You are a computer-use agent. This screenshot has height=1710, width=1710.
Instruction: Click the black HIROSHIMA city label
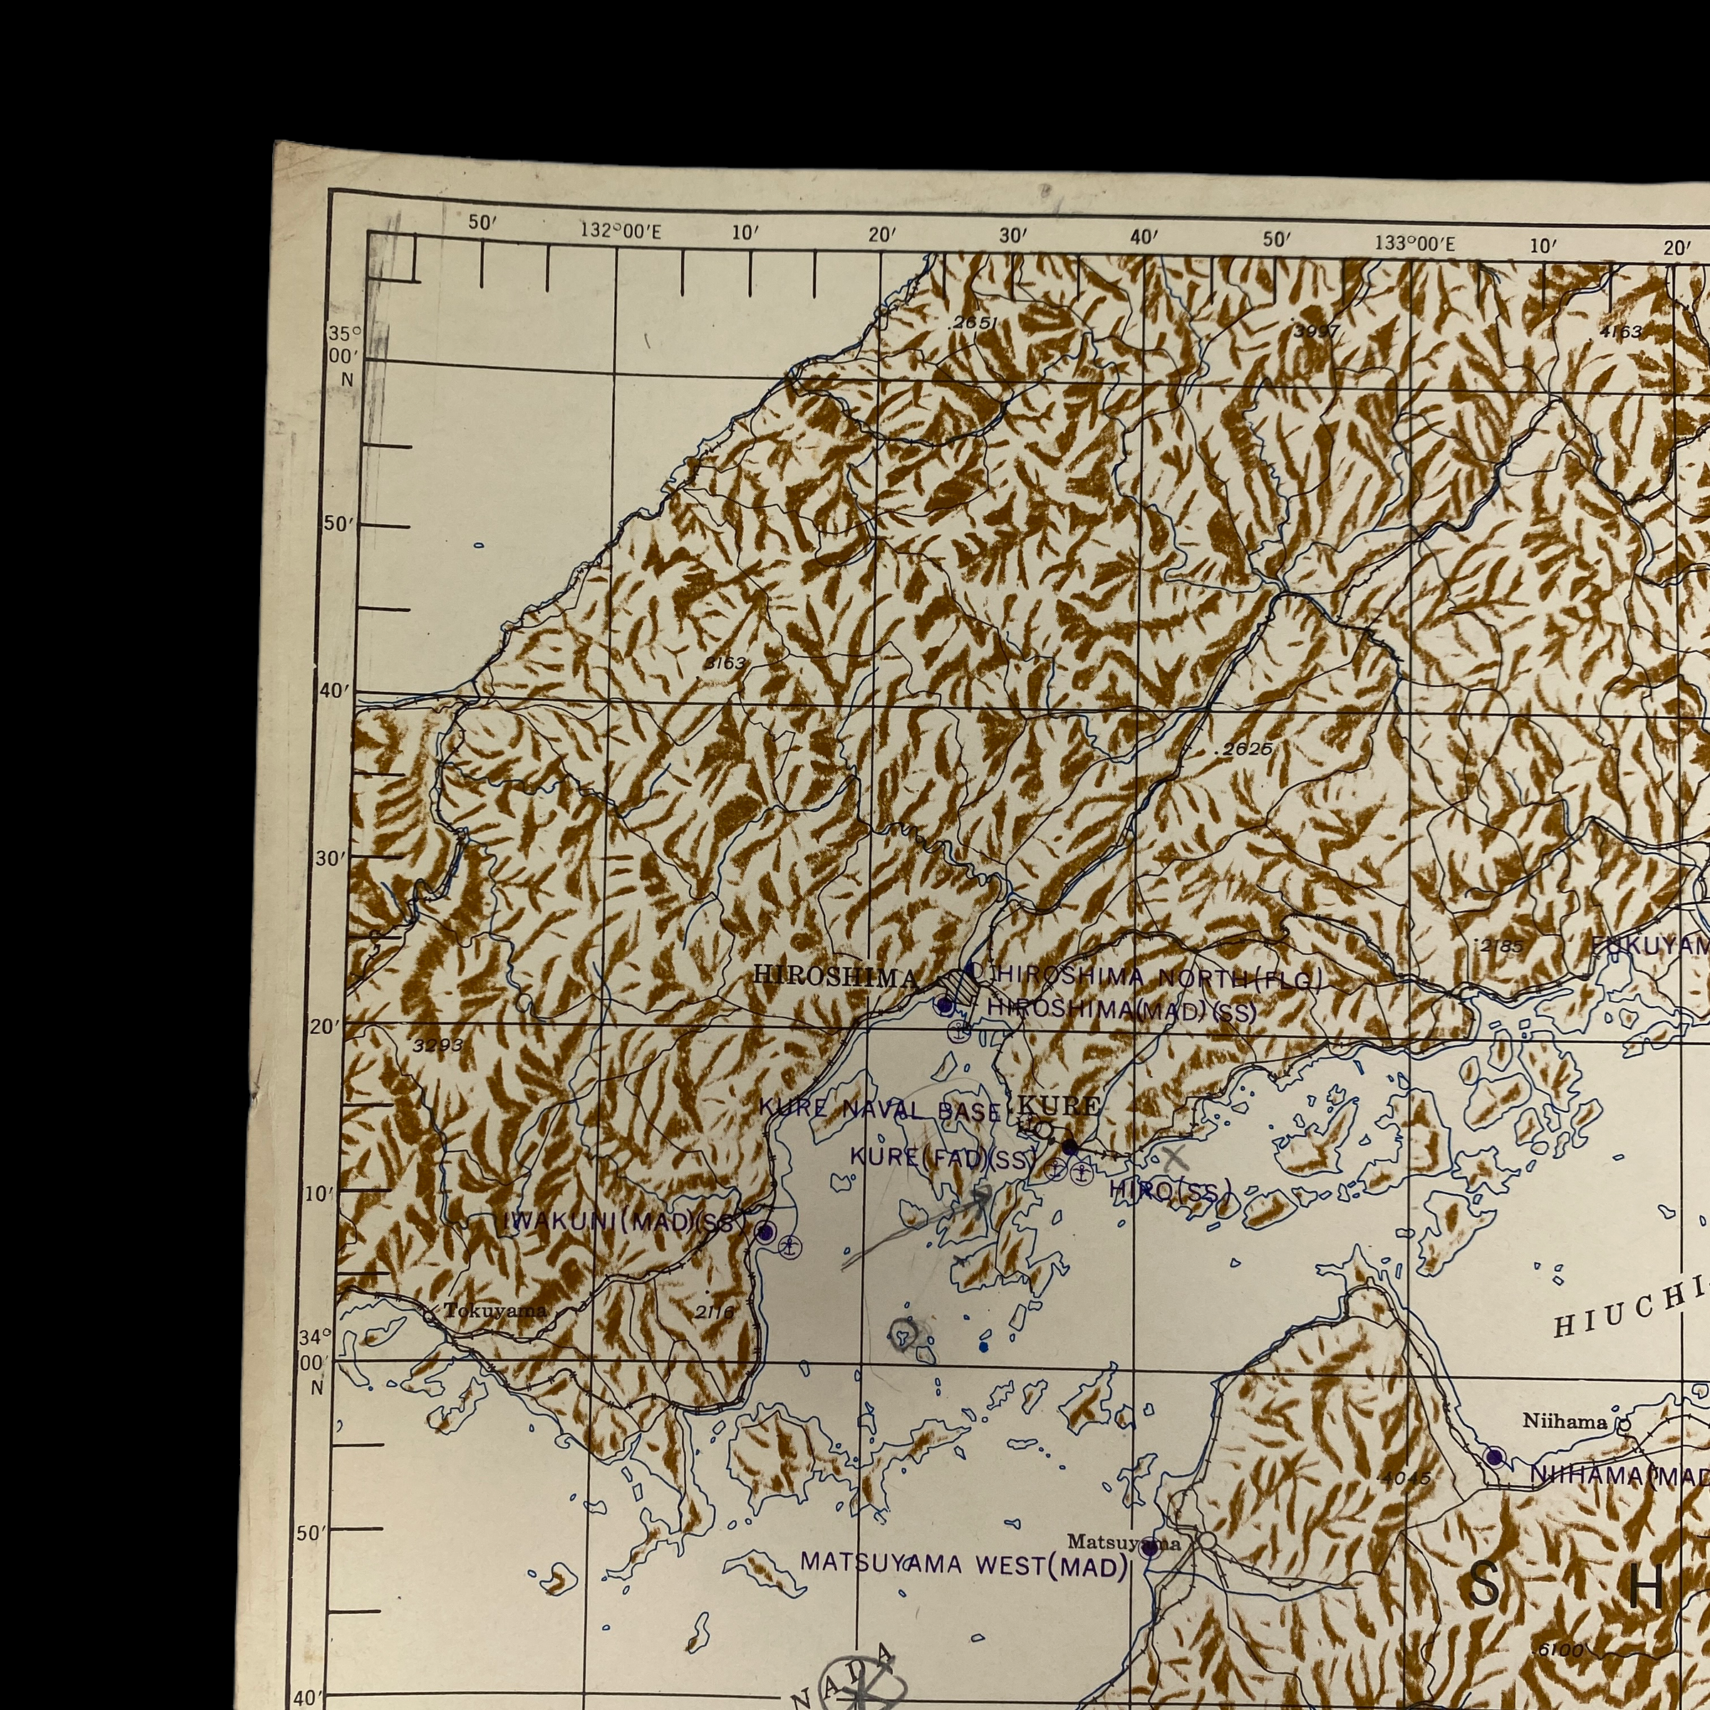coord(834,976)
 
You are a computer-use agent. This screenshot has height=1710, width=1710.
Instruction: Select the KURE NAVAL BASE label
coord(881,1109)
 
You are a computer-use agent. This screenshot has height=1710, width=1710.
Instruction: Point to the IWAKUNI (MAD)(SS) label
coord(622,1223)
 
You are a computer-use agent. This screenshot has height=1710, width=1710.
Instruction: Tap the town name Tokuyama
coord(496,1311)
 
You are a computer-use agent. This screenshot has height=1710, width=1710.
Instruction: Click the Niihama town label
coord(1565,1421)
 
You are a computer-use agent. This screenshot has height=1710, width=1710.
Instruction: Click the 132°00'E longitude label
coord(621,231)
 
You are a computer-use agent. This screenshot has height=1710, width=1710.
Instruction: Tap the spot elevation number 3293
coord(438,1045)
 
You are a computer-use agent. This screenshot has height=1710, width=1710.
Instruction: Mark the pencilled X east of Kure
coord(1174,1155)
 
